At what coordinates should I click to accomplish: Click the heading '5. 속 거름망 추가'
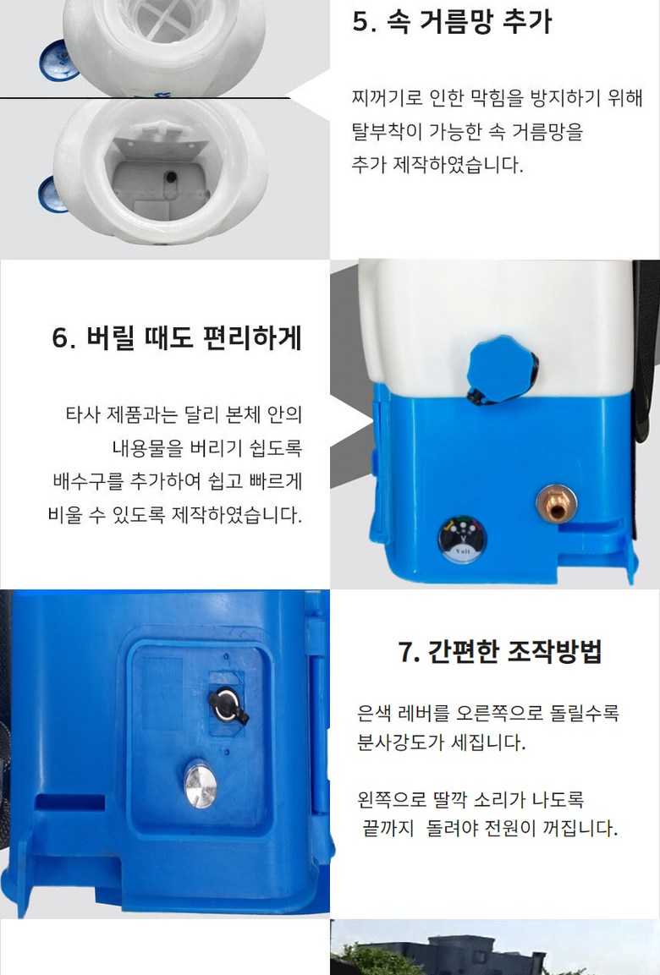[x=452, y=22]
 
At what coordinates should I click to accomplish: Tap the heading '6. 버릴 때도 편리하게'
[x=177, y=339]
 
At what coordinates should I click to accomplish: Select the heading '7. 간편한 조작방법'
[x=499, y=652]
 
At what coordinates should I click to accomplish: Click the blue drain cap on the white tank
[x=502, y=370]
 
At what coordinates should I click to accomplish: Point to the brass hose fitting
[x=556, y=504]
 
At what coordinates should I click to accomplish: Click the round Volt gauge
[x=462, y=540]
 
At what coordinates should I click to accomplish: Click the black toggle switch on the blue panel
[x=228, y=706]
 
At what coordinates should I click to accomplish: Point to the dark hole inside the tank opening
[x=170, y=178]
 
